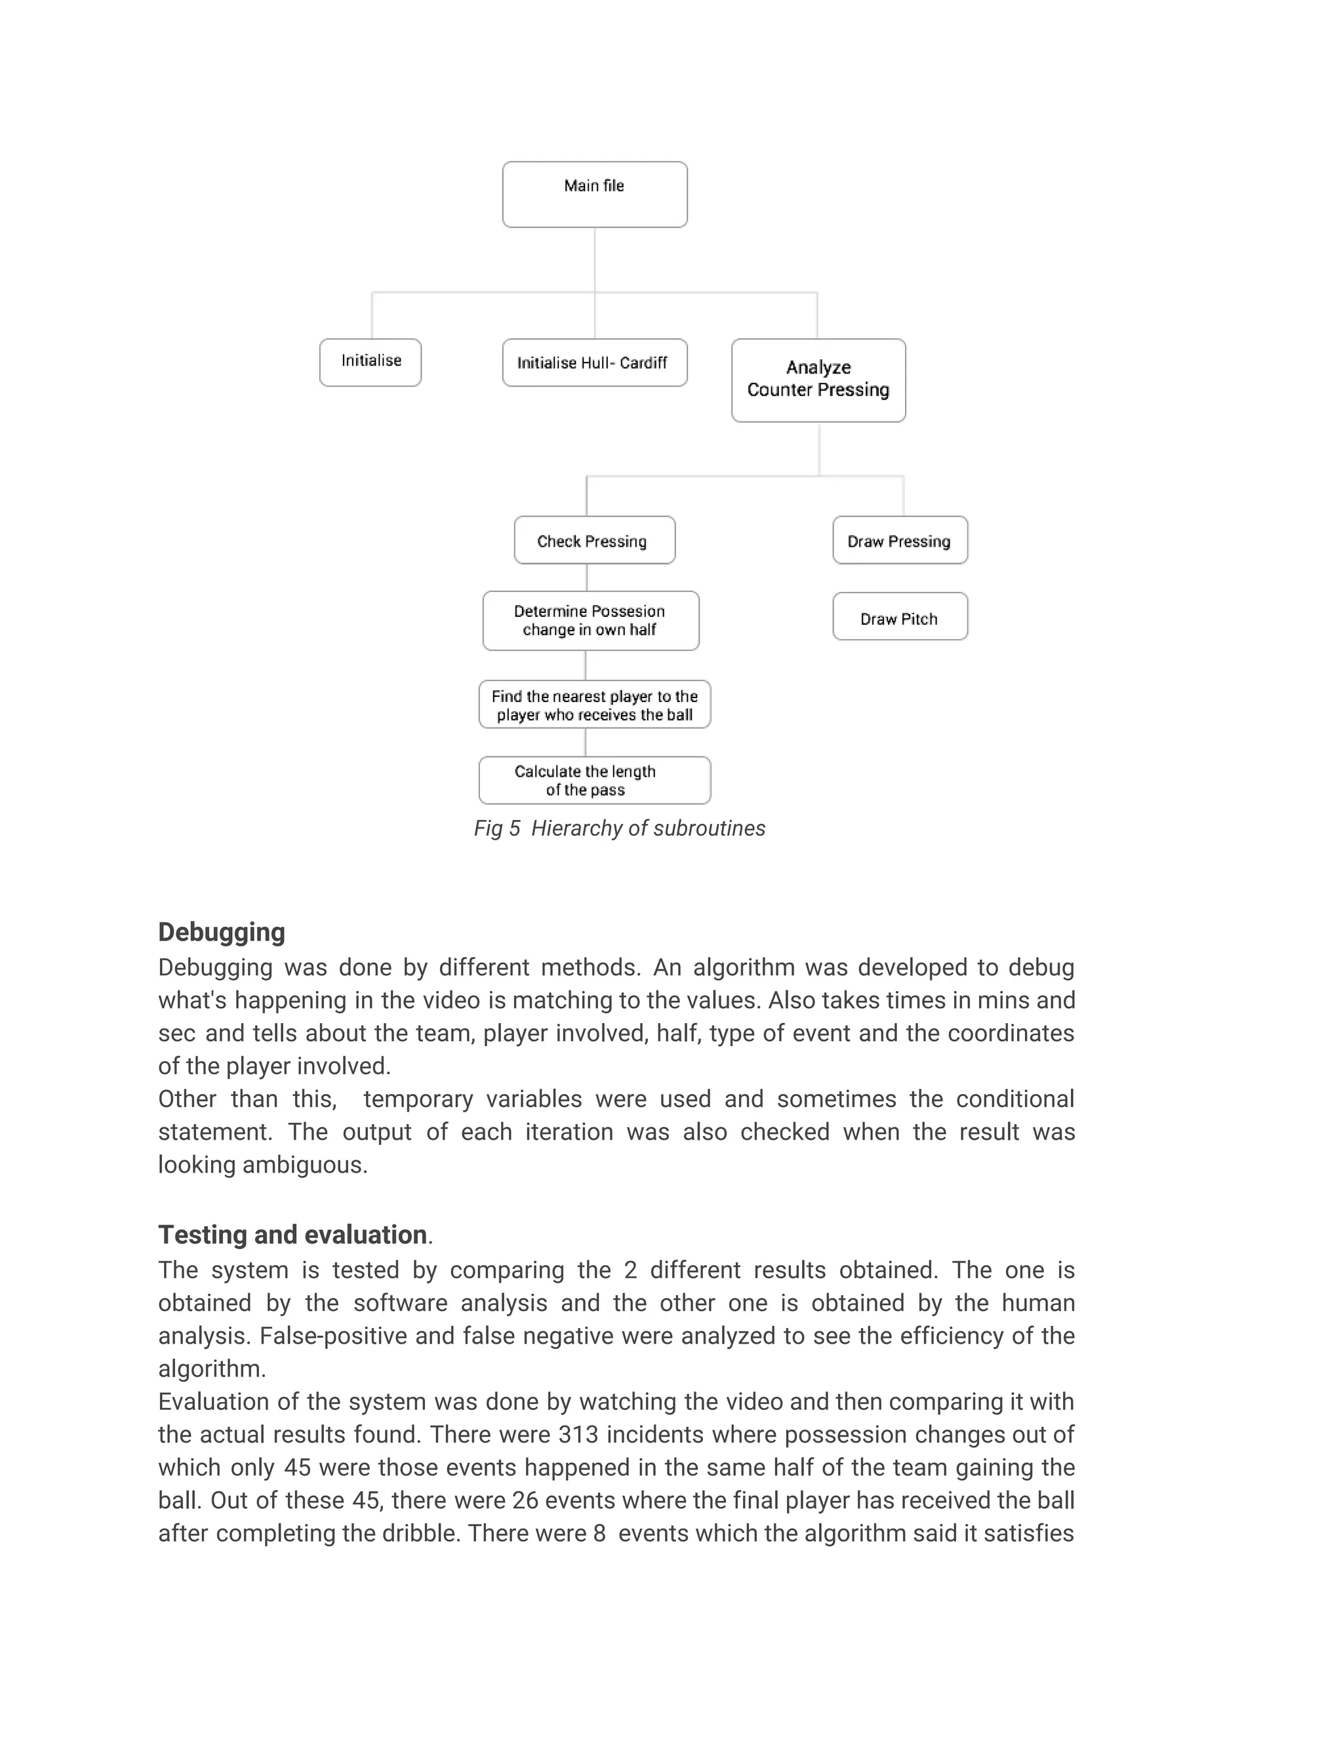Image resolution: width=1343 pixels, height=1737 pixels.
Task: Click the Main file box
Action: pos(594,194)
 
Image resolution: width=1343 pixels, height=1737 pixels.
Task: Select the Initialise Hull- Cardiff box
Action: pos(594,362)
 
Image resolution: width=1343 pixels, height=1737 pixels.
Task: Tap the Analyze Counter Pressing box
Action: pos(818,380)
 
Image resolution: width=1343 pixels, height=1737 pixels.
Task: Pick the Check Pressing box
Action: pos(594,540)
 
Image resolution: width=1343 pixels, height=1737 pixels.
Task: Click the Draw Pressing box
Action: pos(900,540)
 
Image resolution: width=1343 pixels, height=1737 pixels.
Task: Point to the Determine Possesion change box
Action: pos(590,620)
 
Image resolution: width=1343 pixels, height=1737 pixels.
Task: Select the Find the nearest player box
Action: pos(594,705)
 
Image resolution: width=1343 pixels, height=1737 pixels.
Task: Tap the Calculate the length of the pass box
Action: pos(594,780)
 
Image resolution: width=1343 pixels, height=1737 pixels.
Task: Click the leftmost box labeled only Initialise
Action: pos(370,362)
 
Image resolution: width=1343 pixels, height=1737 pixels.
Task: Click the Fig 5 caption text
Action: pos(619,828)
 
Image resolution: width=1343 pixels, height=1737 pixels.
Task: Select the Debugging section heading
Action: pos(221,932)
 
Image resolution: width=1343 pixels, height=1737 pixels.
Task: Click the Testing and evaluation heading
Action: pos(292,1234)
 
